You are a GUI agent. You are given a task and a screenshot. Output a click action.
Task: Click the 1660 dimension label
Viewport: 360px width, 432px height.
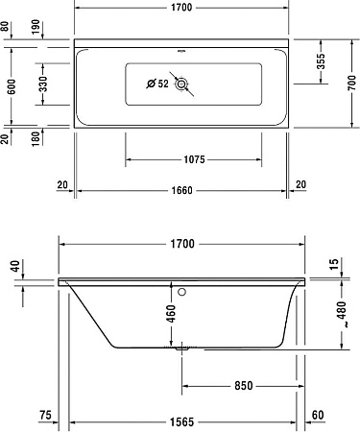click(x=181, y=189)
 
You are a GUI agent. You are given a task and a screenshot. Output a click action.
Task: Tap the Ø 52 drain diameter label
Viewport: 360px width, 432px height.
click(x=156, y=84)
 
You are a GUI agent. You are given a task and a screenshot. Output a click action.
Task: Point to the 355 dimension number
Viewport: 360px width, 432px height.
click(x=322, y=60)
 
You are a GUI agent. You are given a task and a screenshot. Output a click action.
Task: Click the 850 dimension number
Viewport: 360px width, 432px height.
click(x=243, y=386)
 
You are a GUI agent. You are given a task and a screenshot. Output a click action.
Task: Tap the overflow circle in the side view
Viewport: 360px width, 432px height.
click(x=182, y=287)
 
